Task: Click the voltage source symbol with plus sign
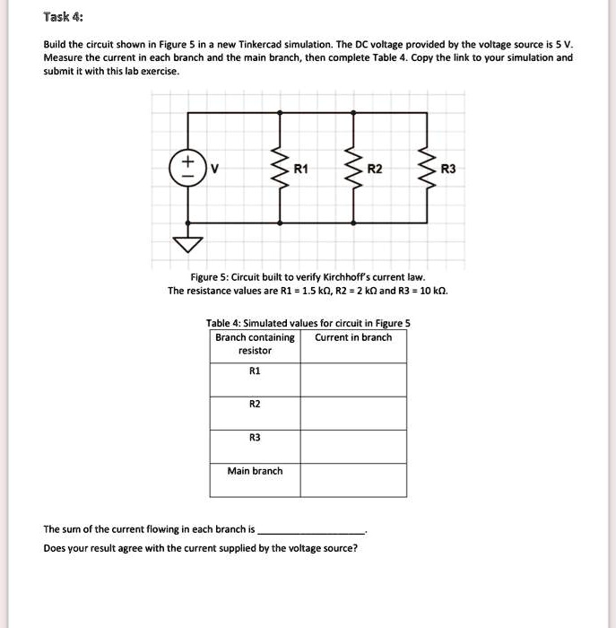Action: click(x=187, y=169)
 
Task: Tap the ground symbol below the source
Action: click(x=187, y=243)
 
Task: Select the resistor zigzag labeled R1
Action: click(x=282, y=168)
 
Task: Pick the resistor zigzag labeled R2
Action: click(x=354, y=168)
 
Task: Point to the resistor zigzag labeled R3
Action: click(x=427, y=168)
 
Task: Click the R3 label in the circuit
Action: click(x=449, y=169)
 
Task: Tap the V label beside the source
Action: click(x=213, y=169)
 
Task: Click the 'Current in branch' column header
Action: click(x=353, y=337)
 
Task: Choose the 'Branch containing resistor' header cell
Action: click(x=255, y=344)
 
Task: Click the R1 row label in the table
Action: click(x=255, y=370)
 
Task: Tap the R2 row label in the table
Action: click(x=255, y=404)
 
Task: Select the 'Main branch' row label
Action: click(x=255, y=471)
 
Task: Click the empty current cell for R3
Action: click(x=352, y=446)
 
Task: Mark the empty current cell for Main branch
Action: click(x=352, y=480)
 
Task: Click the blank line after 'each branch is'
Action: click(x=310, y=529)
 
